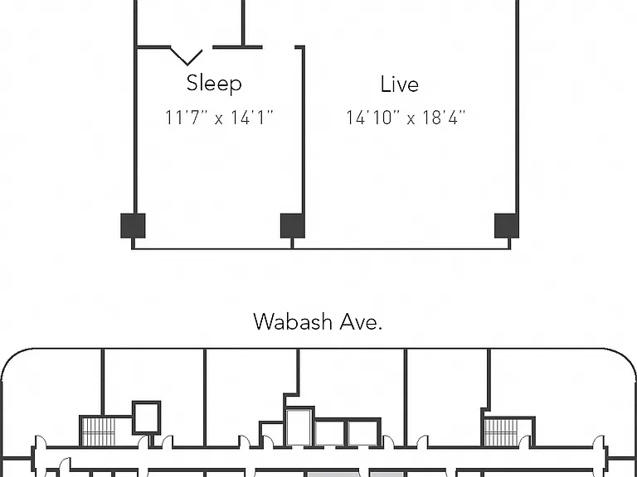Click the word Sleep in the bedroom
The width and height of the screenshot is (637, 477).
(214, 84)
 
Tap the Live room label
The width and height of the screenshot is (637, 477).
(399, 84)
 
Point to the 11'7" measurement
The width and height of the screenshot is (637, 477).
(187, 118)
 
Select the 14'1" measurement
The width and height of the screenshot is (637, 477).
(252, 118)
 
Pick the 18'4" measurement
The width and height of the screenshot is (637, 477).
(444, 118)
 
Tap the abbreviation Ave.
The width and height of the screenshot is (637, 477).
(361, 322)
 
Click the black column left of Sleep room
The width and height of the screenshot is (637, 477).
(133, 225)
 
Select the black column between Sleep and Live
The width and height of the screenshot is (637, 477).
(293, 225)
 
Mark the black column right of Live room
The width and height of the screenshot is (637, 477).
(507, 225)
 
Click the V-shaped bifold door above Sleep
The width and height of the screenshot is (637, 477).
(187, 57)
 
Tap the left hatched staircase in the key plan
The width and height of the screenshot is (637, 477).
(98, 432)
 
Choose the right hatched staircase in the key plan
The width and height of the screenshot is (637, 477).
(501, 432)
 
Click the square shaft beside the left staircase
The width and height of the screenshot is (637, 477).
(146, 417)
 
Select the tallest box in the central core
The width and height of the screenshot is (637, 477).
(299, 427)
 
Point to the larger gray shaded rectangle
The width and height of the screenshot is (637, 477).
(333, 475)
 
